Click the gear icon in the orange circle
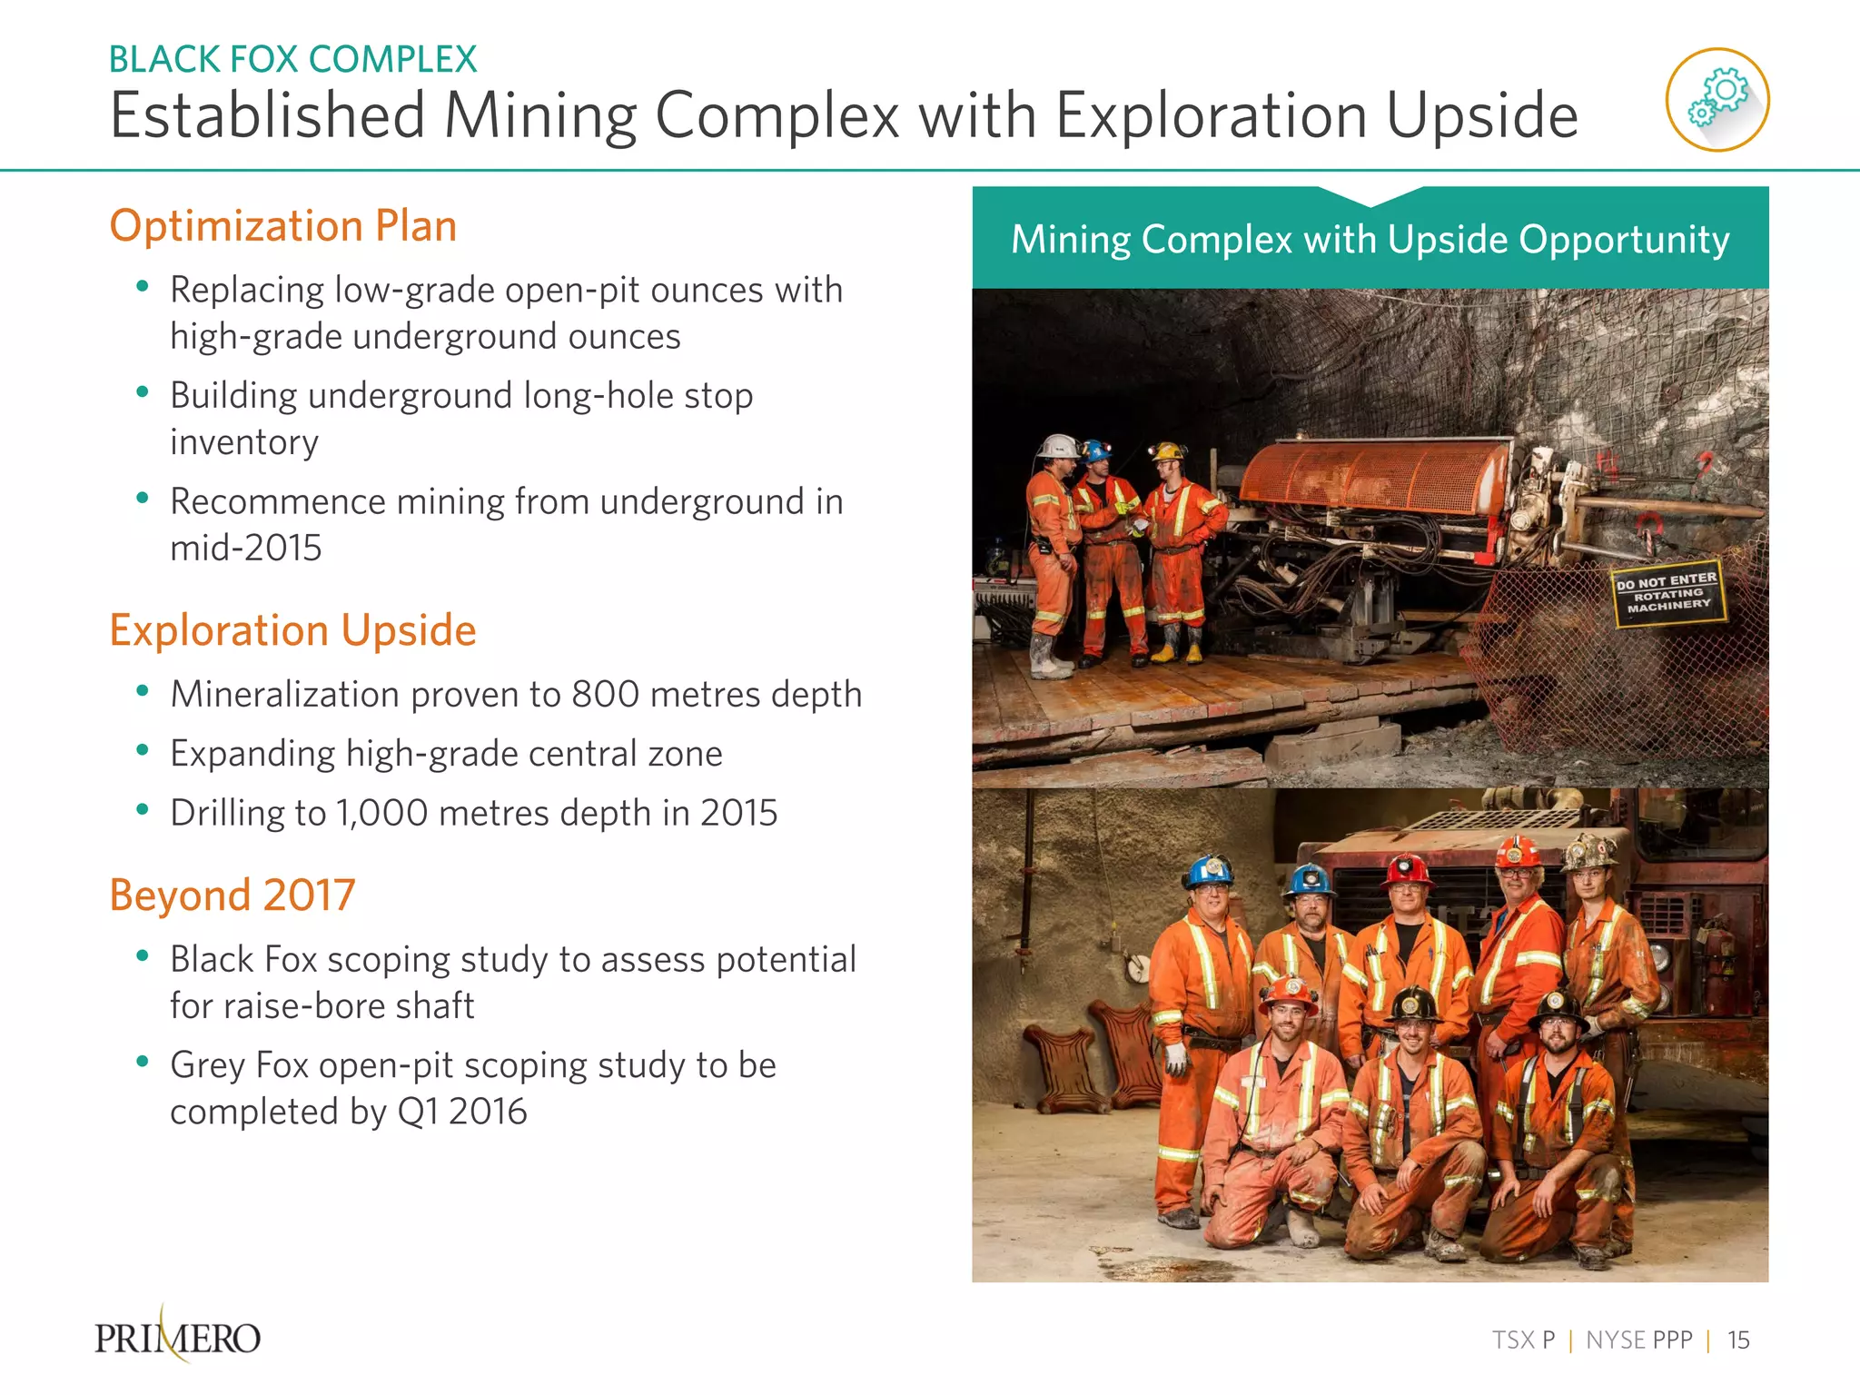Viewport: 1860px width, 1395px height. (x=1717, y=99)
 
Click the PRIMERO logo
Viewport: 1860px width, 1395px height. (x=178, y=1337)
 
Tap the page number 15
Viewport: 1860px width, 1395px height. (x=1738, y=1340)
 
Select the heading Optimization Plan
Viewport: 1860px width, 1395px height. (x=282, y=225)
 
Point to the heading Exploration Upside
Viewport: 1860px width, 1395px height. (x=292, y=629)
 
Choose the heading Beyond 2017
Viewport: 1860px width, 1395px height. (x=232, y=895)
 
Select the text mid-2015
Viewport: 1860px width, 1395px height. (x=245, y=548)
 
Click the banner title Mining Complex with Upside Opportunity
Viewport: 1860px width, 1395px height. (x=1370, y=240)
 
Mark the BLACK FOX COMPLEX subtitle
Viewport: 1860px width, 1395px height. (x=292, y=60)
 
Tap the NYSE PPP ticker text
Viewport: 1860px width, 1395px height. (x=1638, y=1340)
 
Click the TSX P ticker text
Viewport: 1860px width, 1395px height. (x=1523, y=1340)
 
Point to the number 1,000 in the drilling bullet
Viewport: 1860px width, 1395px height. (x=381, y=813)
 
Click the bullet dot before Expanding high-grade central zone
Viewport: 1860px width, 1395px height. (x=142, y=750)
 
